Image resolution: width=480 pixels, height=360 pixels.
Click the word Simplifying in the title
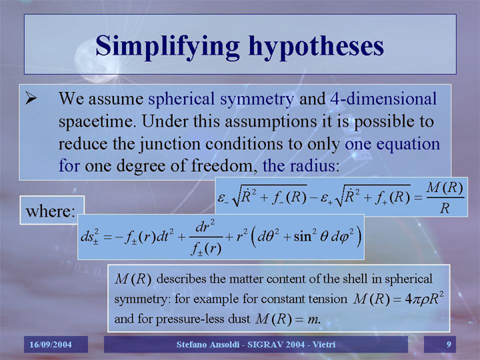[x=167, y=47]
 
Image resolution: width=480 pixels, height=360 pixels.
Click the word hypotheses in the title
[x=316, y=47]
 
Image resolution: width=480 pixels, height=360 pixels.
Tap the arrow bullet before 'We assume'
[x=31, y=98]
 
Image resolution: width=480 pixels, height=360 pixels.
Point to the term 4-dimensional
[x=383, y=99]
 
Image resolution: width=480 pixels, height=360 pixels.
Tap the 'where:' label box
[x=52, y=210]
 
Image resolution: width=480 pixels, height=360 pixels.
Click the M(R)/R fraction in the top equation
[x=445, y=198]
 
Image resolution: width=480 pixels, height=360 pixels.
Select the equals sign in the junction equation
[x=418, y=198]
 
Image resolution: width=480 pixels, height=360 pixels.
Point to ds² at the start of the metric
[x=89, y=236]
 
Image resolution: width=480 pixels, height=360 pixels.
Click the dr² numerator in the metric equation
[x=205, y=227]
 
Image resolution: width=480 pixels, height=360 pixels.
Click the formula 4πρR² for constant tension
[x=424, y=298]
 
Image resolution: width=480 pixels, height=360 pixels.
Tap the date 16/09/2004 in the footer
[x=51, y=345]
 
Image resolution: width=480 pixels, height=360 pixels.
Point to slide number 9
[x=449, y=345]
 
